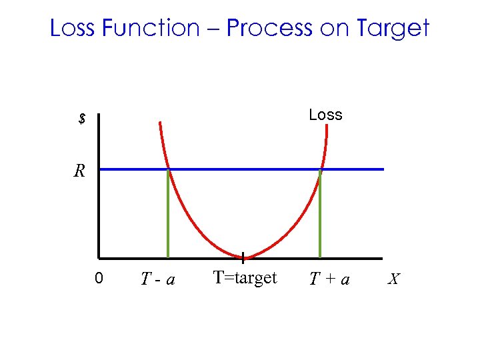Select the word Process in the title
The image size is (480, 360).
pos(269,28)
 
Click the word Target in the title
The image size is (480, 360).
pos(392,28)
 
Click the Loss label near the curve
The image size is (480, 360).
pos(325,115)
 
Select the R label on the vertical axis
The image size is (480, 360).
pos(79,171)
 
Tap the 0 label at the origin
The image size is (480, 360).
pos(98,278)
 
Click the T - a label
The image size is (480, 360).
pos(158,279)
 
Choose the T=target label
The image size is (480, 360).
pos(245,277)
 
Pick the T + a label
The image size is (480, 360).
pos(329,279)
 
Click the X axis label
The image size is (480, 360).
pos(394,279)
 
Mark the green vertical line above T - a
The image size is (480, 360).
pos(168,213)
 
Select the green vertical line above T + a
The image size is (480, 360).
pos(320,213)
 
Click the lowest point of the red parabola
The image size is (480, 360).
pos(243,257)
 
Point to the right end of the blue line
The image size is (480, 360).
pos(383,169)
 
